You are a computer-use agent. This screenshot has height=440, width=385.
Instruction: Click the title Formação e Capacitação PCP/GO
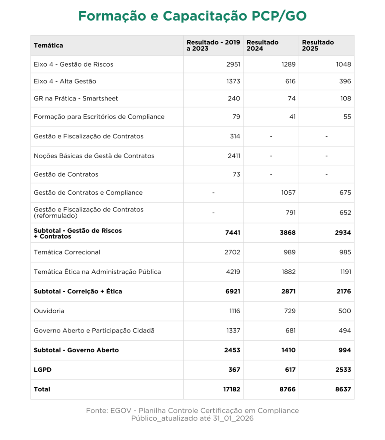click(x=192, y=16)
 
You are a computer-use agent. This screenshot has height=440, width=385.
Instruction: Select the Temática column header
click(x=49, y=46)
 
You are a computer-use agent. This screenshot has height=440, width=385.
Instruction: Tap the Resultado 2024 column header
click(x=262, y=46)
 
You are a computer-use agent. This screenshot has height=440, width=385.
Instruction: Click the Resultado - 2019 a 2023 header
click(x=213, y=46)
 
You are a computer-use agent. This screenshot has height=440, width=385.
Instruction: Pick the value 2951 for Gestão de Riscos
click(x=233, y=64)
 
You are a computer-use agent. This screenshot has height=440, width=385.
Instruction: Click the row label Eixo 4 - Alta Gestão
click(x=65, y=81)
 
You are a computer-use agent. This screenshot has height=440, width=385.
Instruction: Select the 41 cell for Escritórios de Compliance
click(x=292, y=117)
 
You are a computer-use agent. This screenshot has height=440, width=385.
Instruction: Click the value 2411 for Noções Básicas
click(x=233, y=156)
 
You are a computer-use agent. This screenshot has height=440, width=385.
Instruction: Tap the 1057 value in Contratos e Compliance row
click(x=288, y=192)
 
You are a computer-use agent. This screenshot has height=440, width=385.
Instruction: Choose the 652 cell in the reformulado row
click(x=345, y=213)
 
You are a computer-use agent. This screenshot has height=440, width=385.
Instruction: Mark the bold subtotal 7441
click(x=233, y=233)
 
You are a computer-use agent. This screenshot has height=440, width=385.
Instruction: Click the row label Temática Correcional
click(x=67, y=252)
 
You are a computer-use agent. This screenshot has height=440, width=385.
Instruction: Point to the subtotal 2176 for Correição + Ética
click(x=344, y=291)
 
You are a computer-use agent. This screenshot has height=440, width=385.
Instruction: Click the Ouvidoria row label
click(x=49, y=311)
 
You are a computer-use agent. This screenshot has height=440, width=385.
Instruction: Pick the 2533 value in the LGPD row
click(x=343, y=370)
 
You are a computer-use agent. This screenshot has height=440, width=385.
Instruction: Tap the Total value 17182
click(x=231, y=389)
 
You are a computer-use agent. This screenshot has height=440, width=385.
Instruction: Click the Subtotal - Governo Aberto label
click(x=76, y=350)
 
